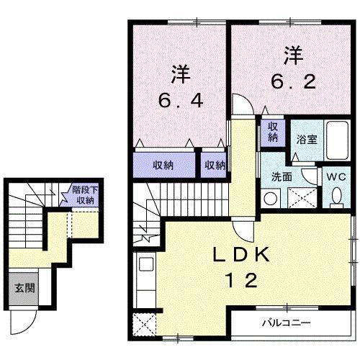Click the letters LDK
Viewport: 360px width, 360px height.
pyautogui.click(x=233, y=256)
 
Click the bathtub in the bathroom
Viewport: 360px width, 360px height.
pyautogui.click(x=336, y=142)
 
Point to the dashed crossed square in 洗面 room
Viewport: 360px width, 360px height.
pyautogui.click(x=301, y=197)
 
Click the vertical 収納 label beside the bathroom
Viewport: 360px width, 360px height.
pyautogui.click(x=274, y=132)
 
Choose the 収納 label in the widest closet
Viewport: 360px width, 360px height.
pyautogui.click(x=163, y=166)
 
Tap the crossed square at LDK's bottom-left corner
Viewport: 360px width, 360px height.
pyautogui.click(x=145, y=323)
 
